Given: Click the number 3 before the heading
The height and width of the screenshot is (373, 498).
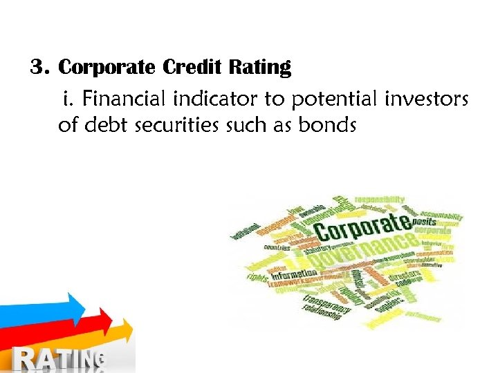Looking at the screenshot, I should (37, 68).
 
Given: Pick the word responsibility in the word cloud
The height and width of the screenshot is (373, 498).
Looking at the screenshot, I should (380, 199).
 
